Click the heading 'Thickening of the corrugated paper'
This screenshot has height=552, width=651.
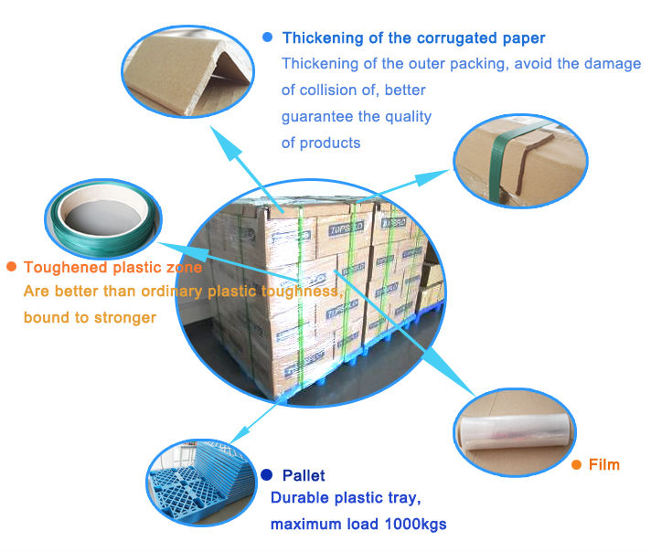pos(413,37)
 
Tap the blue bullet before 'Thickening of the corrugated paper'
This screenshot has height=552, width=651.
pos(267,37)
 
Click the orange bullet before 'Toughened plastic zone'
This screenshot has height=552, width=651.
pos(11,267)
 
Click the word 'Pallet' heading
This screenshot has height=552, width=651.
pos(304,475)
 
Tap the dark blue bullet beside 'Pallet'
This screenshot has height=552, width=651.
pos(266,474)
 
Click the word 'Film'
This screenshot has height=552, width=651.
pos(603,464)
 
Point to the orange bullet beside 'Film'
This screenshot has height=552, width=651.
pos(576,464)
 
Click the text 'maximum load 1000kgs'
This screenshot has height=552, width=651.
pos(358,525)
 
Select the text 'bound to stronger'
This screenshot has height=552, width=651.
pos(90,317)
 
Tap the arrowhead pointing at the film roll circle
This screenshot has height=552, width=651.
pos(471,390)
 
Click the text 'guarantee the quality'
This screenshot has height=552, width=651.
pos(356,116)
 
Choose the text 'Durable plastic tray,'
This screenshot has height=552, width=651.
pos(346,499)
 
